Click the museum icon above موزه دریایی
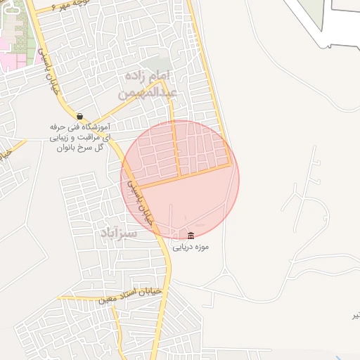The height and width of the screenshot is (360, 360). click(x=192, y=234)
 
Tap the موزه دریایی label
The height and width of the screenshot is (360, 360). click(x=192, y=247)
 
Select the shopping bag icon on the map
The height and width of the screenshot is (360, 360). click(x=79, y=116)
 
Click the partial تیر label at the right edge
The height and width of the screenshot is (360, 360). click(x=355, y=314)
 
